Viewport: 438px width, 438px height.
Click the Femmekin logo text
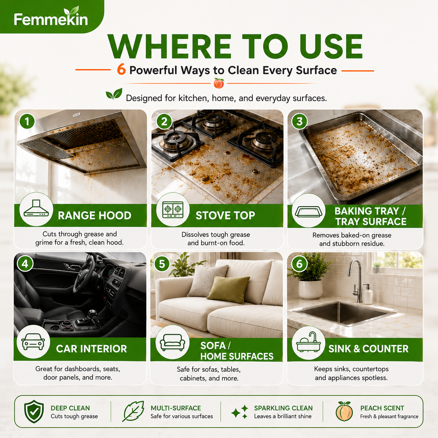point(51,20)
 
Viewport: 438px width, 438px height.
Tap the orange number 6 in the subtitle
point(122,70)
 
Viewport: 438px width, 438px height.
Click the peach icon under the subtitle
point(219,83)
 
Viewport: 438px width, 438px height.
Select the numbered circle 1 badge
point(27,121)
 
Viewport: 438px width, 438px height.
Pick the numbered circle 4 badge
point(25,264)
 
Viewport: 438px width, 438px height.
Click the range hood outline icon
point(36,209)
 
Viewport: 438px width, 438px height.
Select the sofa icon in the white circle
point(173,342)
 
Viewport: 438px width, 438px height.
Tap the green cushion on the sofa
point(228,289)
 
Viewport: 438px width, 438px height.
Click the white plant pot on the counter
point(311,289)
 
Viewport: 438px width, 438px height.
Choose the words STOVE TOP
point(225,216)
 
